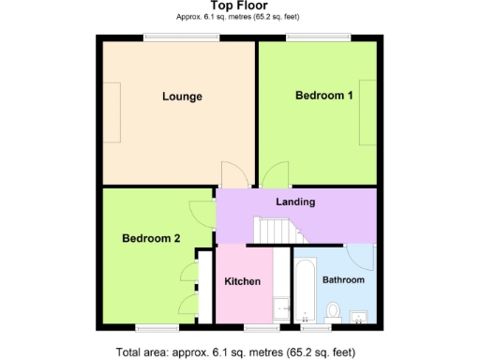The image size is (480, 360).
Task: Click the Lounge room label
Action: click(x=182, y=97)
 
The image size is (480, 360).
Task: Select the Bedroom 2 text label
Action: click(x=151, y=238)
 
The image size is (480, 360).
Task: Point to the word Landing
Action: click(x=295, y=202)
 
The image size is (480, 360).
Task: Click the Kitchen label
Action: click(x=242, y=282)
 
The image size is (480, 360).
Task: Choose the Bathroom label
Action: click(x=344, y=280)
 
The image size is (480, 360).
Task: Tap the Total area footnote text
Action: click(x=237, y=352)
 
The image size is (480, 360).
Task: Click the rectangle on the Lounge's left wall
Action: click(x=112, y=112)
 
